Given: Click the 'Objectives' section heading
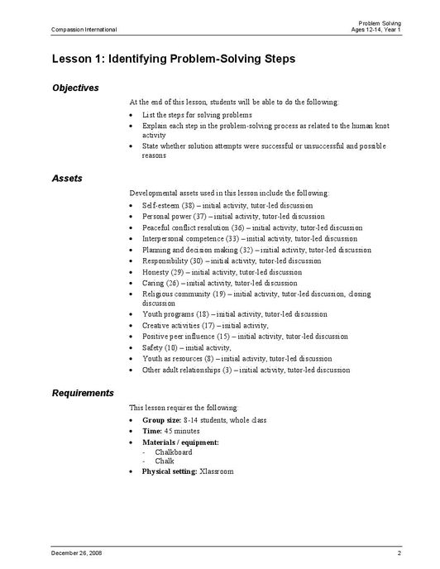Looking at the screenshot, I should (75, 88).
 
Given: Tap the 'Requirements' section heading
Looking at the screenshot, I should (83, 393).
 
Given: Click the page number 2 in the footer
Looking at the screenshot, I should (399, 552).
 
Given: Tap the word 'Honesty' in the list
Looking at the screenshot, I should (155, 271).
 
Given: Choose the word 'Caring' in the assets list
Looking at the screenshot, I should (153, 283).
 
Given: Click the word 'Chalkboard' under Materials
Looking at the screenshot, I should (173, 452).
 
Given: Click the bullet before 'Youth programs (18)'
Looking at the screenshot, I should (132, 315).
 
